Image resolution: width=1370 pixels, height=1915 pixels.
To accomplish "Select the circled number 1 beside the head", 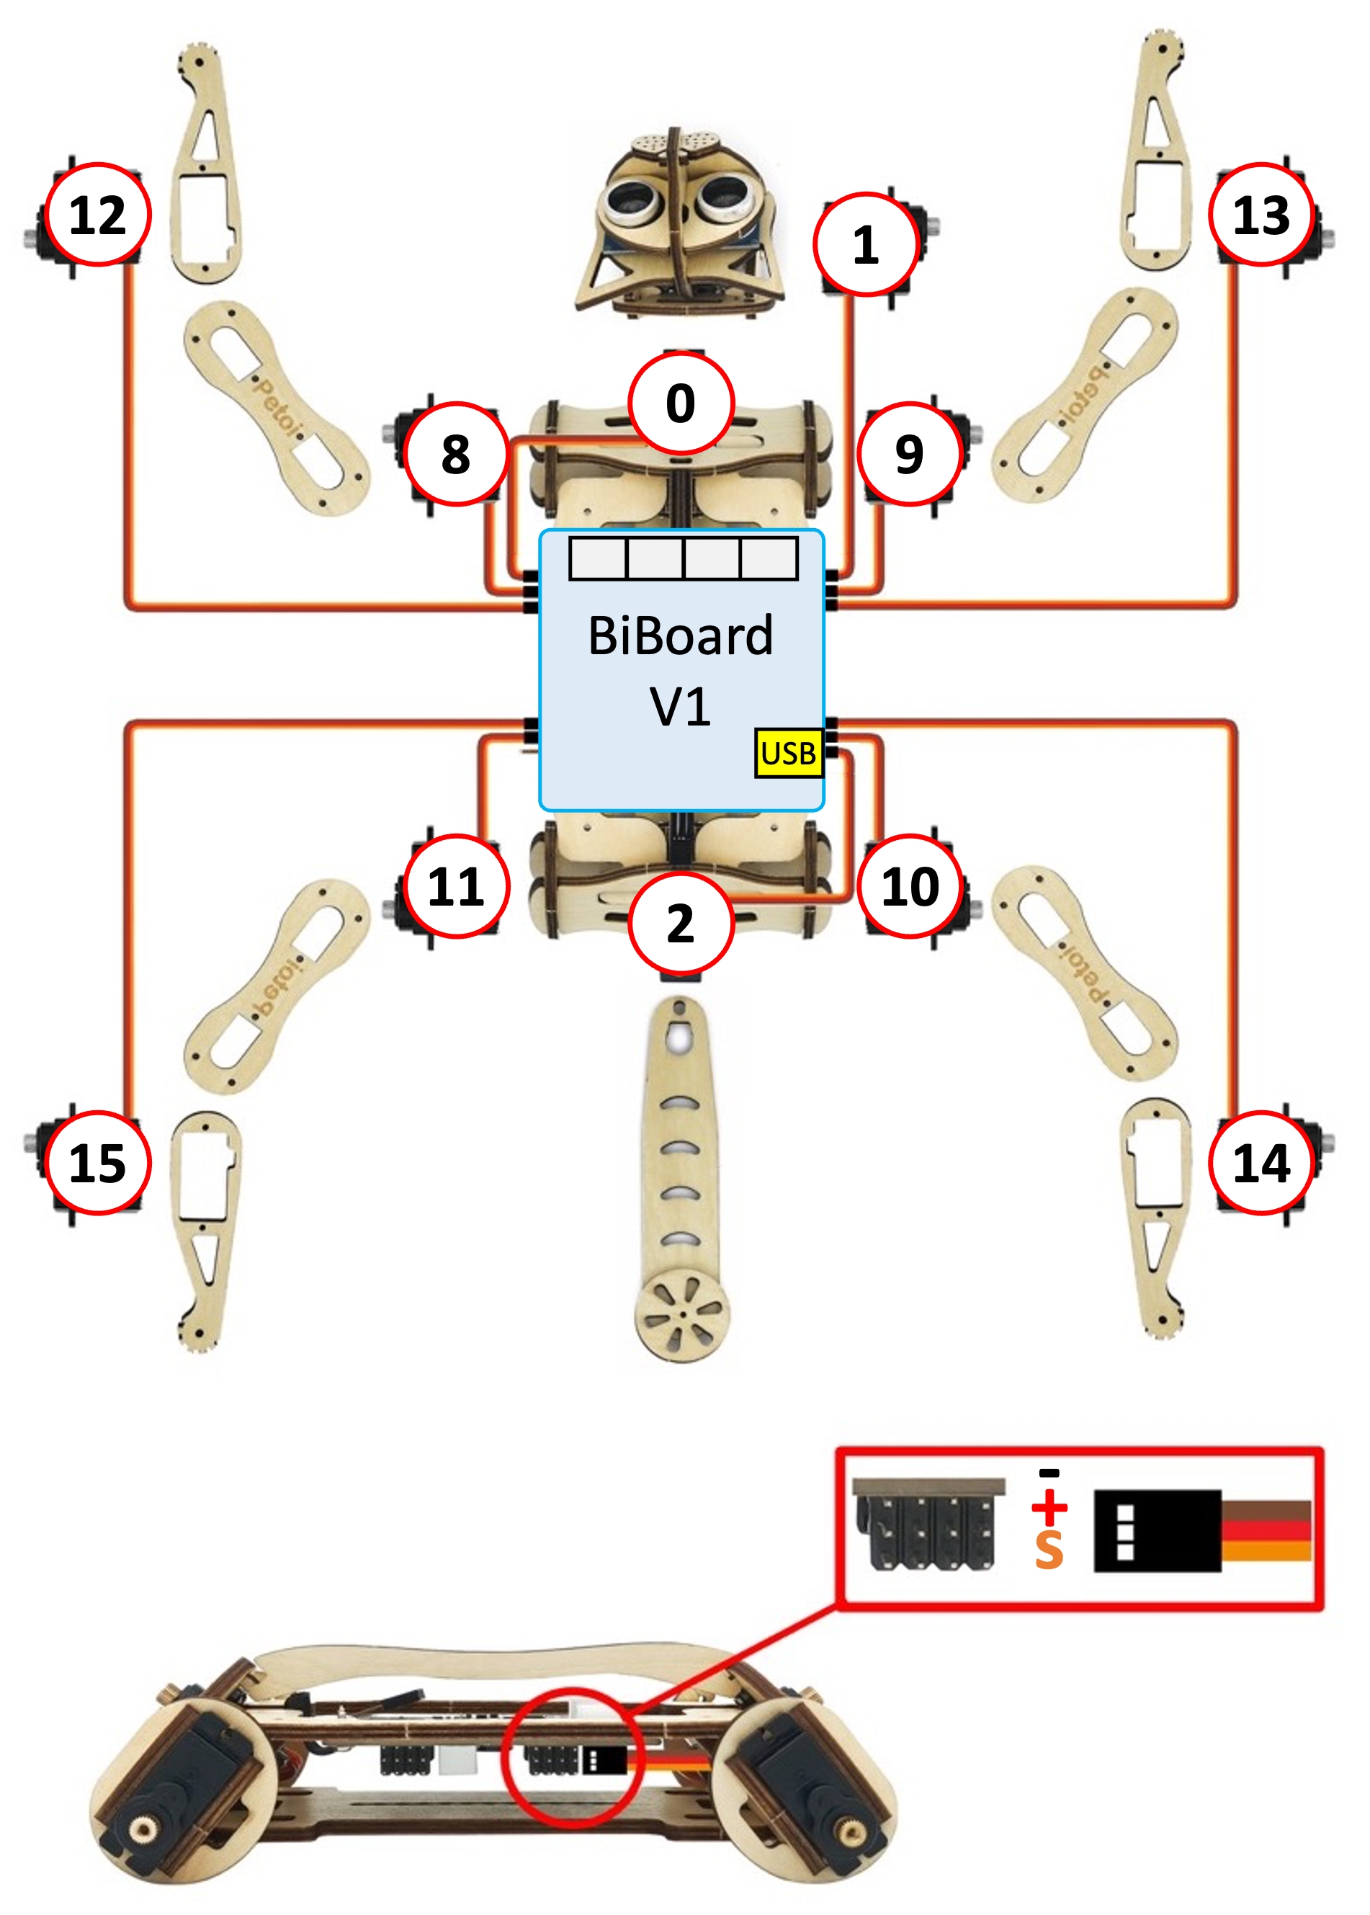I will tap(866, 245).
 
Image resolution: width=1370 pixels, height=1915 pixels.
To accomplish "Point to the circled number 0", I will tap(681, 403).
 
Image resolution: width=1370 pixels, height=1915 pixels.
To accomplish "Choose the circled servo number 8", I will tap(455, 454).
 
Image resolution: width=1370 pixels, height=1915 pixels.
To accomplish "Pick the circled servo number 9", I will tap(910, 454).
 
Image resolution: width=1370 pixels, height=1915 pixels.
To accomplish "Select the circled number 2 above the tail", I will tap(681, 923).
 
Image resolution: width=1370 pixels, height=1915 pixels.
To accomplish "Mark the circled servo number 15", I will tap(97, 1164).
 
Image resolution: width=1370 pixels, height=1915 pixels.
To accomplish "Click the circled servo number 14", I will tap(1261, 1164).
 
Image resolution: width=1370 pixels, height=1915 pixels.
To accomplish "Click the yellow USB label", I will tap(789, 752).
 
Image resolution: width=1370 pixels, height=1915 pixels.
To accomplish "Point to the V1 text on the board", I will tap(681, 706).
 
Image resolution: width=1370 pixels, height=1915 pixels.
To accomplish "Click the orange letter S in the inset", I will tap(1049, 1550).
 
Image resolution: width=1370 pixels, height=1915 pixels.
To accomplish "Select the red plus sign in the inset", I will tap(1049, 1506).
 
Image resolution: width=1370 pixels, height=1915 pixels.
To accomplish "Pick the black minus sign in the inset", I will tap(1049, 1473).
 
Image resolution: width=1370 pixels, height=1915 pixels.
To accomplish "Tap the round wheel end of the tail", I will tap(681, 1313).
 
